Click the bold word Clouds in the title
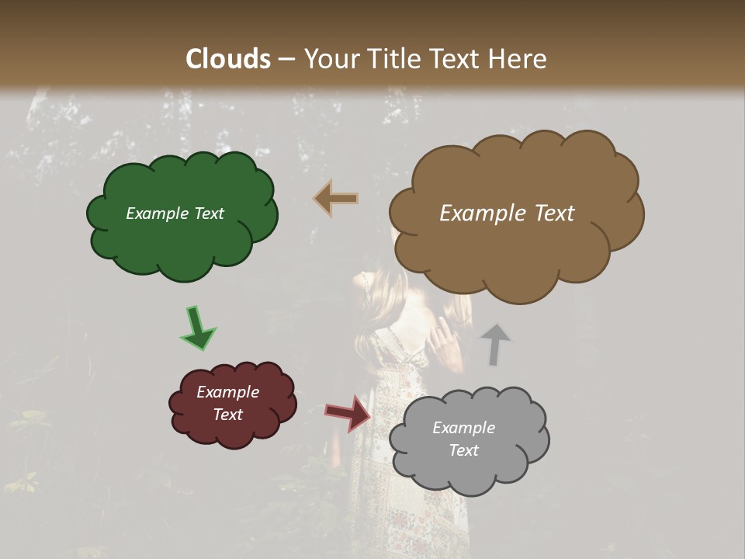[228, 59]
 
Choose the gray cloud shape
[469, 474]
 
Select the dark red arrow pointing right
[348, 412]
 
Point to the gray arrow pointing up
[495, 344]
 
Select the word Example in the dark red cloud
[227, 392]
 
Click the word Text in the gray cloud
[463, 450]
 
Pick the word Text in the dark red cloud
[227, 415]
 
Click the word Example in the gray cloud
[463, 428]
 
